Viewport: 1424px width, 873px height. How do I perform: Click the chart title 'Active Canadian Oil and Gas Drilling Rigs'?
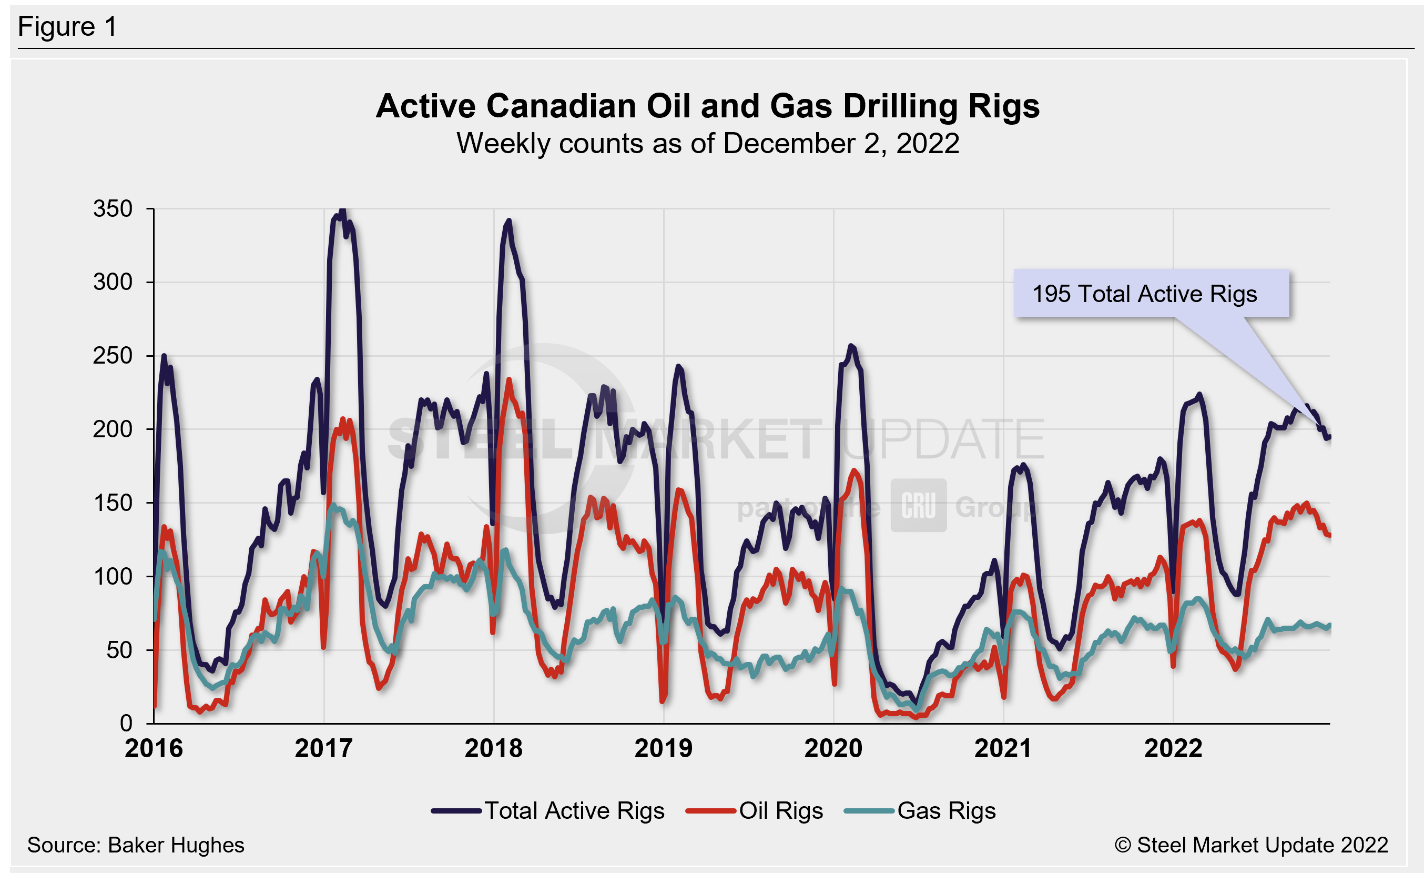[x=707, y=106]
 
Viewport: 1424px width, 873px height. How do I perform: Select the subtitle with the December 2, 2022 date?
[x=707, y=143]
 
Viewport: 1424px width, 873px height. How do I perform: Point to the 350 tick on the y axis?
[x=113, y=209]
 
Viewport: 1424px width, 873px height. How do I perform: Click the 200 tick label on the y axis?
[x=113, y=429]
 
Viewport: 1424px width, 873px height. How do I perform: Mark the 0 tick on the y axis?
[x=126, y=723]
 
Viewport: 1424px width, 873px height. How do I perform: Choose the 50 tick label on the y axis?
[x=119, y=650]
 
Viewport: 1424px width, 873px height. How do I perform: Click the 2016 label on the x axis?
[x=154, y=748]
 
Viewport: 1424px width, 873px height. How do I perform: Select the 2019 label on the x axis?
[x=664, y=748]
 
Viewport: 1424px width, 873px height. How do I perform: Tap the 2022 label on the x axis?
[x=1173, y=748]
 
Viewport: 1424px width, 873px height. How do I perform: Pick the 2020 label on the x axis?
[x=833, y=748]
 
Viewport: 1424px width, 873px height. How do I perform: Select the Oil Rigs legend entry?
[x=754, y=810]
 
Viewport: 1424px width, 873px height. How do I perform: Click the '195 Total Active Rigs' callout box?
[x=1151, y=293]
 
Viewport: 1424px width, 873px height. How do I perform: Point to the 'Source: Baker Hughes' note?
[x=136, y=845]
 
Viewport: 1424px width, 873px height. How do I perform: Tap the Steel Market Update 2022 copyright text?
[x=1251, y=845]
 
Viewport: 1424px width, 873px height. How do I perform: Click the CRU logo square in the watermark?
[x=918, y=505]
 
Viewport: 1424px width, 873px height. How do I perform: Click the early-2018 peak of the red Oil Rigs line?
[x=509, y=380]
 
